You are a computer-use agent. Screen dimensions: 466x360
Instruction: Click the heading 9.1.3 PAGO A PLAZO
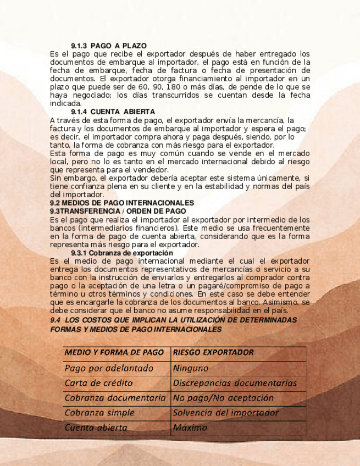tap(109, 45)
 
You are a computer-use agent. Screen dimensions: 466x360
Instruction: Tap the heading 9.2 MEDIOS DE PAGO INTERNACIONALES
tap(122, 203)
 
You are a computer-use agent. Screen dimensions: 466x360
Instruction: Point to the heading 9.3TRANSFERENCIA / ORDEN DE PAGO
tap(118, 210)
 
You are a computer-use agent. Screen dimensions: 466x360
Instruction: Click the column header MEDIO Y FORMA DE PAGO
tap(114, 352)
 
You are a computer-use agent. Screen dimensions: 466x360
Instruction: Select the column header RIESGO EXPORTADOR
tap(213, 352)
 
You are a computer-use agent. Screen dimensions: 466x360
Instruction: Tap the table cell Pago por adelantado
tap(109, 368)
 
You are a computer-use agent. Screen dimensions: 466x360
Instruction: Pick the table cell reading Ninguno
tap(191, 368)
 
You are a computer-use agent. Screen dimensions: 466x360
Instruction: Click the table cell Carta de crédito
tap(98, 383)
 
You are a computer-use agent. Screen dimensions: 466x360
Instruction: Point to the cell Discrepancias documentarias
tap(235, 383)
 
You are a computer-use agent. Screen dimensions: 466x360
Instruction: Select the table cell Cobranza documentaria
tap(114, 398)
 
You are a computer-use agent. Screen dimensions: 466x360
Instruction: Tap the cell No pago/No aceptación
tap(223, 398)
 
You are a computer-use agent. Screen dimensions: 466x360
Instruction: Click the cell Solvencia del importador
tap(225, 413)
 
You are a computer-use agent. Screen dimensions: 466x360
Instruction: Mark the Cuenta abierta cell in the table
tap(96, 428)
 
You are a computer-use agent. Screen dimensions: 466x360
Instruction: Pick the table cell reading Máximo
tap(190, 428)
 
